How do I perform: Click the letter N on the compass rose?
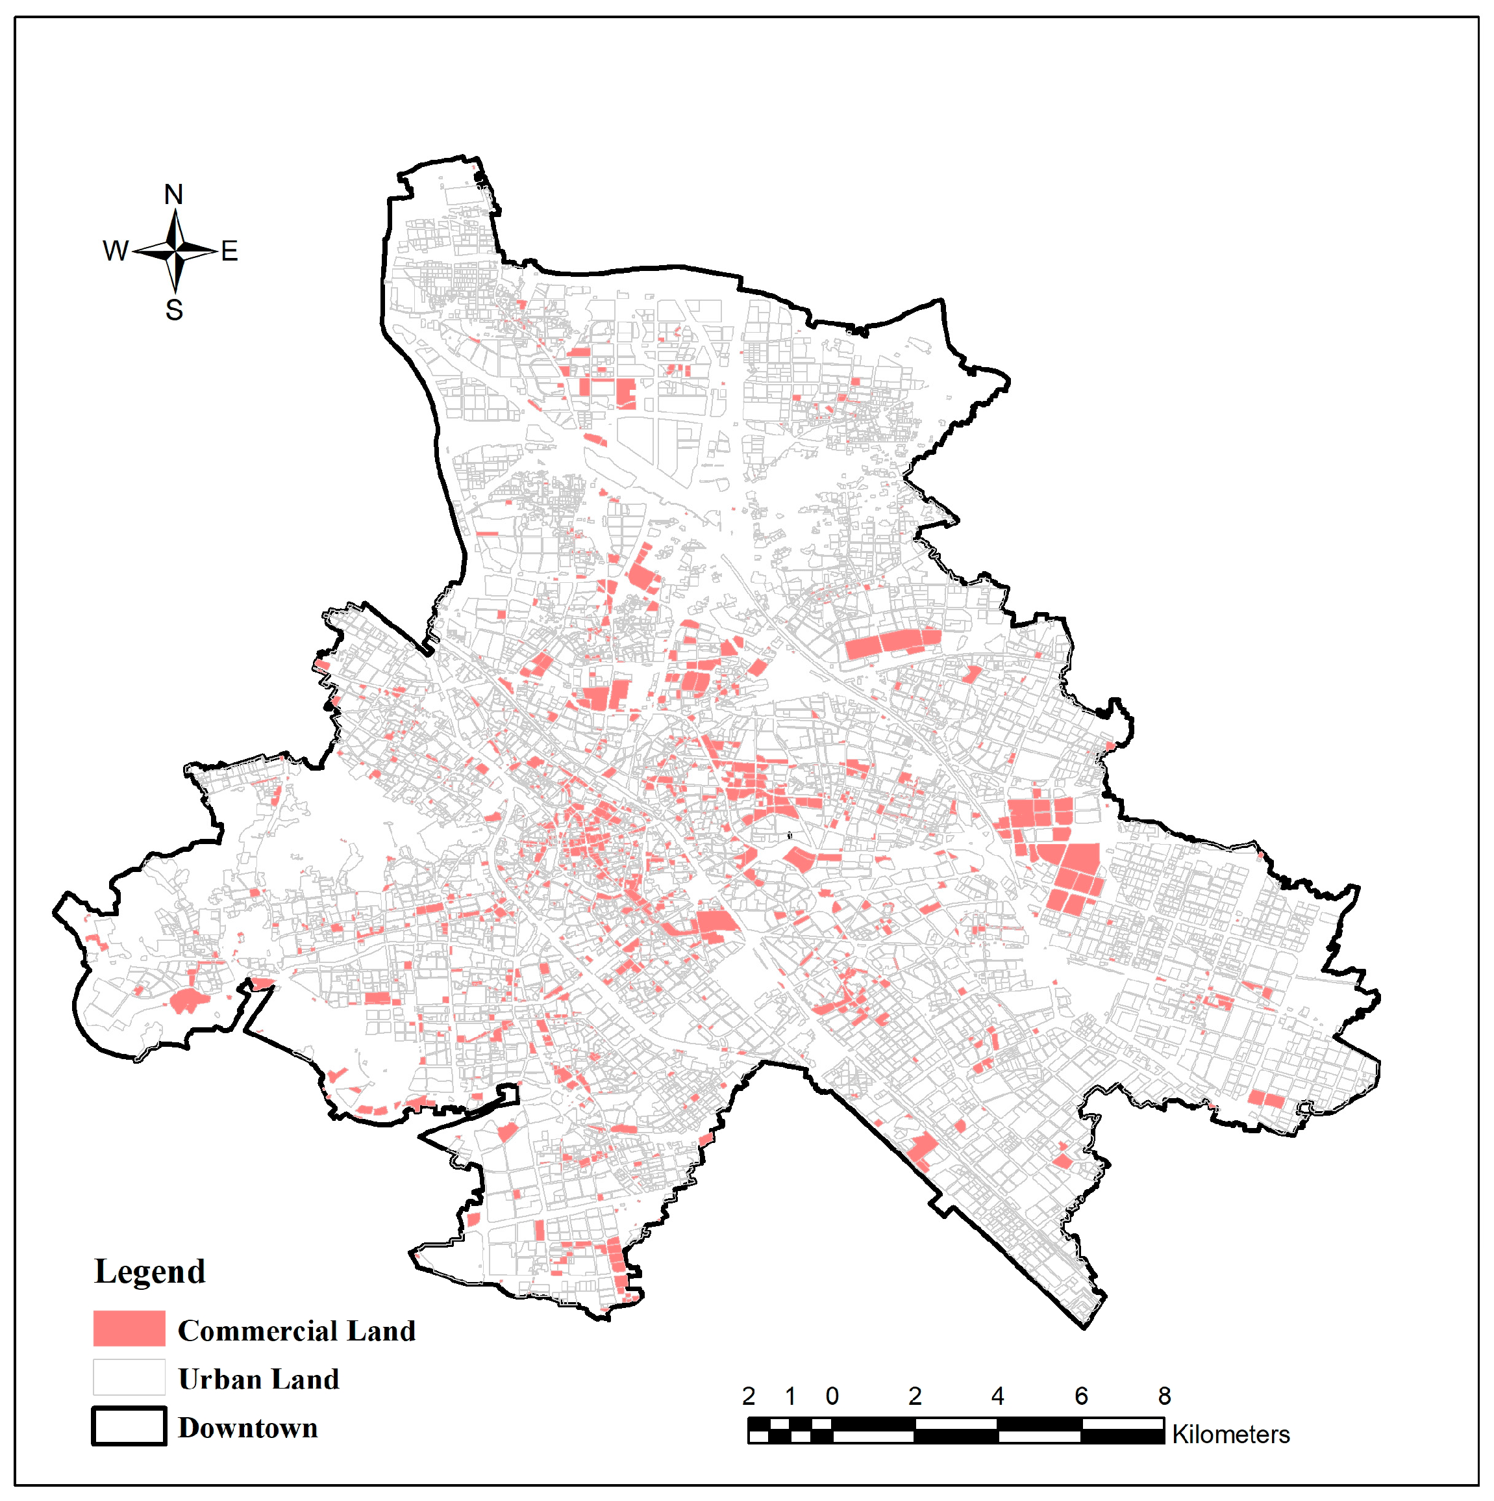click(x=173, y=195)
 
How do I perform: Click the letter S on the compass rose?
click(x=174, y=311)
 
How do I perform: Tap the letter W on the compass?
click(x=116, y=251)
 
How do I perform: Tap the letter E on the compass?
click(x=229, y=251)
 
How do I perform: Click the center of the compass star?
click(x=176, y=250)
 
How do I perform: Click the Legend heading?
click(x=150, y=1272)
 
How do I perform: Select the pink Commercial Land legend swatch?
click(x=129, y=1329)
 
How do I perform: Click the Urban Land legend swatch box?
click(x=129, y=1378)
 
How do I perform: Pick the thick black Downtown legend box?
click(x=129, y=1426)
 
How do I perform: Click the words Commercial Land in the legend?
click(x=297, y=1331)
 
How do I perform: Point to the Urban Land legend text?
click(x=258, y=1379)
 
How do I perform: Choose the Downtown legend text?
click(x=248, y=1428)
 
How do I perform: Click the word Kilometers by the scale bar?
click(x=1231, y=1434)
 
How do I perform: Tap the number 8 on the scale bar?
click(x=1164, y=1396)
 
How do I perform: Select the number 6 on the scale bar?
click(x=1081, y=1396)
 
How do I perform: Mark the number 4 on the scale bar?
click(x=998, y=1396)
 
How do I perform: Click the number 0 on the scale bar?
click(x=832, y=1396)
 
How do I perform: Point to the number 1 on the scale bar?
click(x=790, y=1396)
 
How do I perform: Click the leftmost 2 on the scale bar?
click(x=749, y=1396)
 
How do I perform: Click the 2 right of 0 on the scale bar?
click(x=915, y=1396)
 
